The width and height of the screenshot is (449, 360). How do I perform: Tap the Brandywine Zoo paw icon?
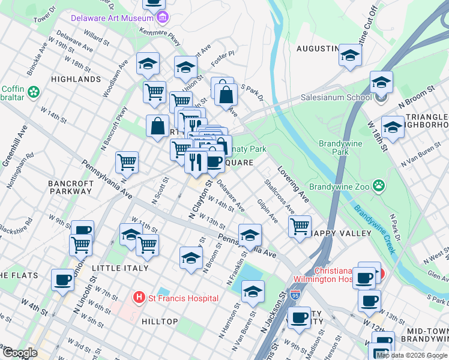pos(378,185)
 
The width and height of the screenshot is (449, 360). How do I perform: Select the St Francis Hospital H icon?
pos(139,297)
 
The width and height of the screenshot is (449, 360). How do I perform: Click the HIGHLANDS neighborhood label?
pos(76,79)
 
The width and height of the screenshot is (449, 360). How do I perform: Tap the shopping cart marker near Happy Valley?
pos(300,226)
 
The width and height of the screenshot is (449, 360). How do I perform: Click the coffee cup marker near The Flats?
pos(62,280)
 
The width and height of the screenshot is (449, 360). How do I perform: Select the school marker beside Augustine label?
pos(349,55)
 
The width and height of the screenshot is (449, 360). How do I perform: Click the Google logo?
pos(20,353)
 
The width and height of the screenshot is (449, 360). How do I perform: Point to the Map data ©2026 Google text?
pos(412,355)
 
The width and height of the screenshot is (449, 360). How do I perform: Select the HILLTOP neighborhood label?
pos(160,322)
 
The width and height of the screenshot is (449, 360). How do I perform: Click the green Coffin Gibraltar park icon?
pos(33,92)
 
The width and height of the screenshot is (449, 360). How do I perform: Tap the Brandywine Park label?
pos(334,148)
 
